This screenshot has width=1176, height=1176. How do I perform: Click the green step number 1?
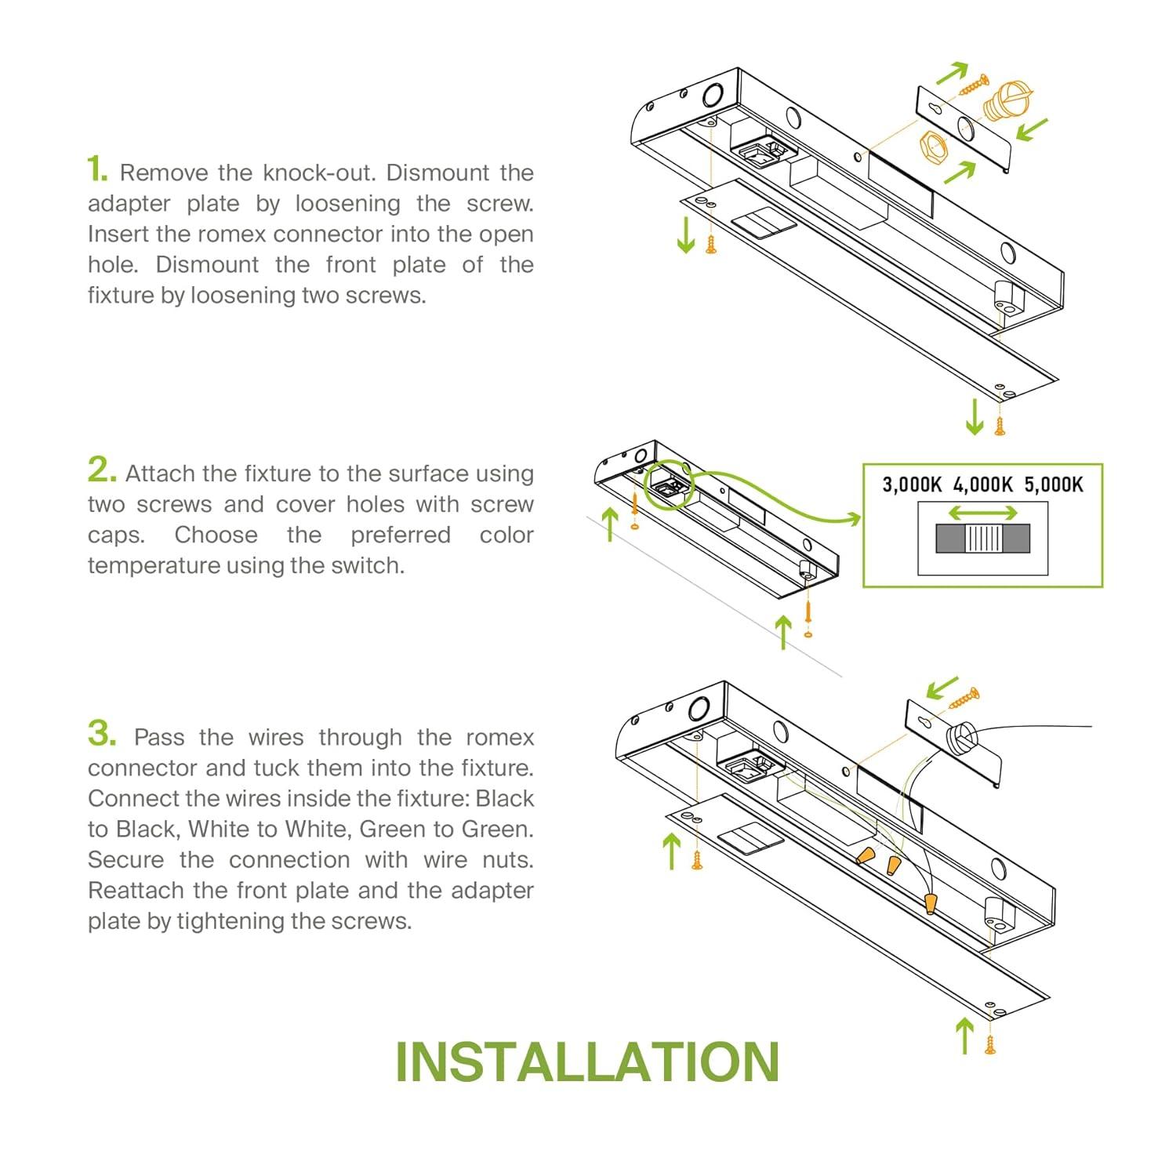pos(96,169)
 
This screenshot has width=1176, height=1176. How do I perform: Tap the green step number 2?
pos(101,470)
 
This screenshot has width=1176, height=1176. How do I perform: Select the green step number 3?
pos(102,734)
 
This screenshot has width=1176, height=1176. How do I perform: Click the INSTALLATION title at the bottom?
pos(587,1062)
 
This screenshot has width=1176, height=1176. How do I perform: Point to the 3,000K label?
pos(911,485)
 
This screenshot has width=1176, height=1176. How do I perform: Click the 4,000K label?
pos(982,485)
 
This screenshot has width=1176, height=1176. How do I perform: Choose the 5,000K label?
pos(1054,485)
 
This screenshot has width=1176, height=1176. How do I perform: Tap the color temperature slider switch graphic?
pos(982,539)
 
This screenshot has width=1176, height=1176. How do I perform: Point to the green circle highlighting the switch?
pos(669,485)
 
